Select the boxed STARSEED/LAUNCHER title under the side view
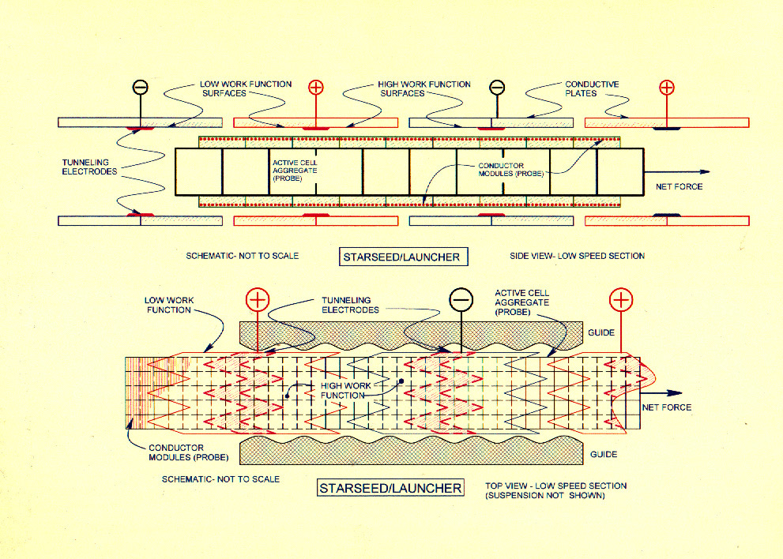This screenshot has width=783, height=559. coord(401,256)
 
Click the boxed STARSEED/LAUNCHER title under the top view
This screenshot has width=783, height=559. coord(390,488)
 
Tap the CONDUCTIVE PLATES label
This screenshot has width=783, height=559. coord(592,88)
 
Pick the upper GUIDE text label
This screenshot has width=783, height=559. coord(602,332)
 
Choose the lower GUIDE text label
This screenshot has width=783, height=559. coord(602,455)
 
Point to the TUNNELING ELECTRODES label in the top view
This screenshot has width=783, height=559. coord(350,305)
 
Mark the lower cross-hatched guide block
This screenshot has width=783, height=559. coord(411,451)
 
